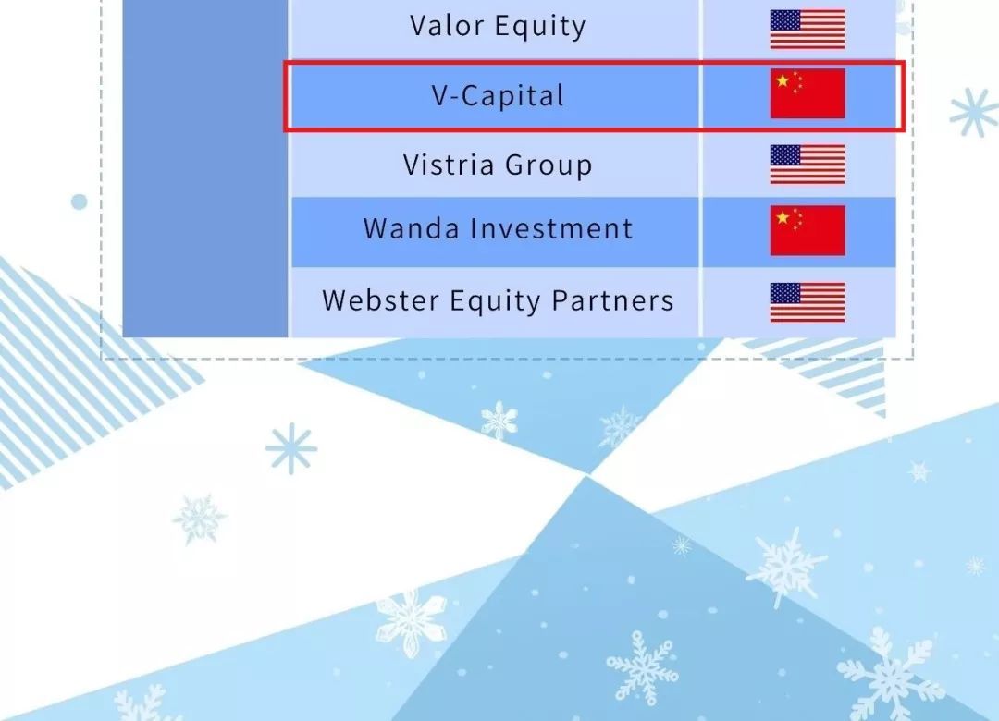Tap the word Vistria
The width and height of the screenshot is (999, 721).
(x=449, y=165)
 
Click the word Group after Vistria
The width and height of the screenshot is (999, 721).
(x=549, y=165)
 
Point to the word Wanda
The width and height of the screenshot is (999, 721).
(x=411, y=228)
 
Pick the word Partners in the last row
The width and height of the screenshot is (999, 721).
(x=612, y=300)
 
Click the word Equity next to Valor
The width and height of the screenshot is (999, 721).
(x=540, y=27)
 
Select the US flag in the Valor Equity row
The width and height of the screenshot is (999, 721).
(x=808, y=30)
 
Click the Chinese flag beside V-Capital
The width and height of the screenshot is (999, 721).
(x=808, y=93)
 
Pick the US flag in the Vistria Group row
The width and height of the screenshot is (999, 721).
(x=808, y=165)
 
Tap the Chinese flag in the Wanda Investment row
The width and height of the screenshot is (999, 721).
(x=808, y=230)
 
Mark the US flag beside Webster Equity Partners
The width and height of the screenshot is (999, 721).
(x=808, y=302)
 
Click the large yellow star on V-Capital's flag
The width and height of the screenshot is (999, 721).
(x=783, y=81)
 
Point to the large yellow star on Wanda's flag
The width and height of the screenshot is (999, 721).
(x=783, y=217)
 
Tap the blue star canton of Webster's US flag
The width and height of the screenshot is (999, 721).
(x=785, y=293)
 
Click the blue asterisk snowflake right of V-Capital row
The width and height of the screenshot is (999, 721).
(x=973, y=113)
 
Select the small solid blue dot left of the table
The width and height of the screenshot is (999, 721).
(x=79, y=202)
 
